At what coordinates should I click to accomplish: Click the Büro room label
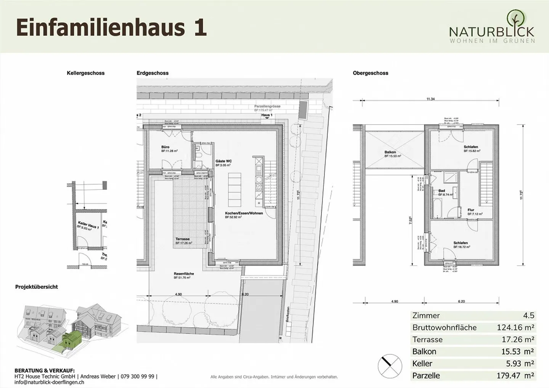pos(165,147)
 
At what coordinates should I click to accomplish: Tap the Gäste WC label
pos(223,161)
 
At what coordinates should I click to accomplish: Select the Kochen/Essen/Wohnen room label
pos(244,213)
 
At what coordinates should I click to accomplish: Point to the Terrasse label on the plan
pos(183,239)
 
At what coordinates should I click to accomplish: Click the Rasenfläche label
pos(184,274)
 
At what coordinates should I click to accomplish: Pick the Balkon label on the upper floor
pos(390,152)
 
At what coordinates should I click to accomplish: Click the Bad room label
pos(441,191)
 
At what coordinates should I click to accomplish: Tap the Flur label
pos(471,210)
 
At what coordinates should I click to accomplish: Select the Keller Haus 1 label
pos(88,224)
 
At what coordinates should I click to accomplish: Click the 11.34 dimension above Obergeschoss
pos(430,99)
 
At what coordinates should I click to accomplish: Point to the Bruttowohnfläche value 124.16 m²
pos(515,327)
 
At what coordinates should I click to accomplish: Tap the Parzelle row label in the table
pos(426,375)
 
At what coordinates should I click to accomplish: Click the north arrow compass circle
pos(390,366)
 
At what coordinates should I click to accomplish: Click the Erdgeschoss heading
pos(152,73)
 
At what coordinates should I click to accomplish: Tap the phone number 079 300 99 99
pos(138,376)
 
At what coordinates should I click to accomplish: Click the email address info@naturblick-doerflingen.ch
pos(49,382)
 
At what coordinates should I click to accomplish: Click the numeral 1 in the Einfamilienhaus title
pos(200,28)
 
